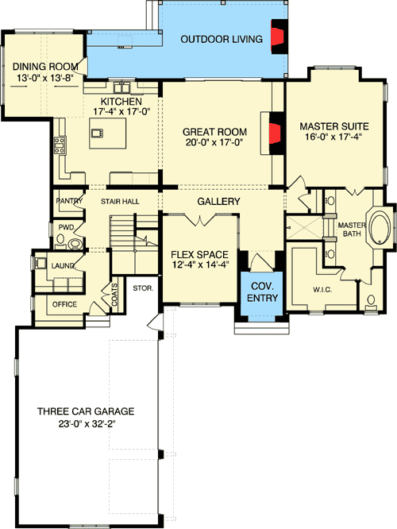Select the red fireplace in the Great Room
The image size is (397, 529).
276,130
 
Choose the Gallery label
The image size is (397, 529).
218,203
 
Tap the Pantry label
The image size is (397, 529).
70,202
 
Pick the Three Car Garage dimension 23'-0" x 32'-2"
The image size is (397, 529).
86,424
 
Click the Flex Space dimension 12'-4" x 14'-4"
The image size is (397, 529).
200,268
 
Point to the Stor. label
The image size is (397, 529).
143,288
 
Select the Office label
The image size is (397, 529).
65,304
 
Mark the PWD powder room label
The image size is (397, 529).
66,227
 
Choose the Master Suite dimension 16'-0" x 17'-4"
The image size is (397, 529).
330,137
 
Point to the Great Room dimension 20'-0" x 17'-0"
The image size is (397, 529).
215,143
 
